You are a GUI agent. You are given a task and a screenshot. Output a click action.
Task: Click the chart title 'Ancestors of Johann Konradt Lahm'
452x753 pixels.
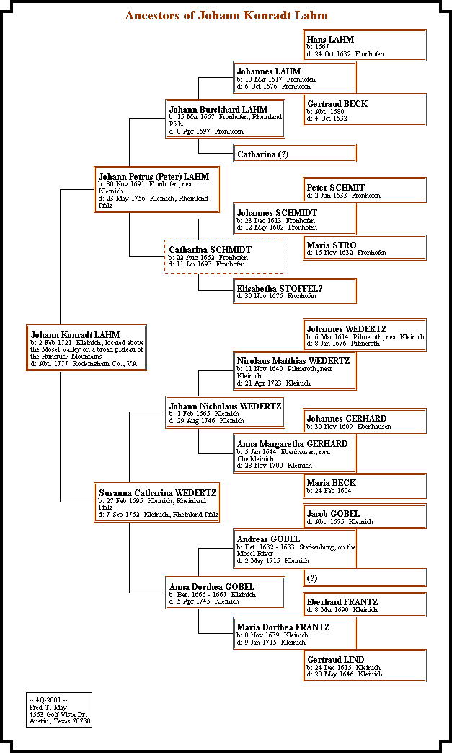coord(226,15)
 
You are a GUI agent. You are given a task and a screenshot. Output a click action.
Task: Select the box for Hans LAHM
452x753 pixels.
coord(365,45)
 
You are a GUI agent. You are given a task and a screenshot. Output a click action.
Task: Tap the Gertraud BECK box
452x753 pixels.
coord(365,110)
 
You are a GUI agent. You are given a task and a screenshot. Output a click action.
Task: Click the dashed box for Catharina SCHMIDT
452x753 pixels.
coord(224,256)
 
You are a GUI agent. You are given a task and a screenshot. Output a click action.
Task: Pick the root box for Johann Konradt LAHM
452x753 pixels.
coord(87,347)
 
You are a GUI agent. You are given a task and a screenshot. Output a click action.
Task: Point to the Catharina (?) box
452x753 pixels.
coord(296,154)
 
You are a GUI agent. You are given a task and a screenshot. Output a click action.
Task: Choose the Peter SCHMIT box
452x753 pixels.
coord(365,191)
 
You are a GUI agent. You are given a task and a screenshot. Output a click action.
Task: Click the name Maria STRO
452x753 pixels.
coord(332,245)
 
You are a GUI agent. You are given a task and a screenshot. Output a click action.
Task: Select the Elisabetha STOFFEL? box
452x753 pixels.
coord(296,291)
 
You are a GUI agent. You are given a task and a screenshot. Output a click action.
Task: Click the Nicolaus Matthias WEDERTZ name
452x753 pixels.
coord(293,361)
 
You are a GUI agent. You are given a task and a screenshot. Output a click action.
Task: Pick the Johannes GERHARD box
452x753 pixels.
coord(365,422)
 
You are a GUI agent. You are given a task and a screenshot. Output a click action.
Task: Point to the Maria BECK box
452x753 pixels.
coord(365,486)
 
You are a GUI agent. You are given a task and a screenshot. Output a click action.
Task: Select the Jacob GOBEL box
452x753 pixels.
coord(365,517)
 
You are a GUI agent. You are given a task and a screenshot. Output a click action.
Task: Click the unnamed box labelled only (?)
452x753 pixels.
coord(365,578)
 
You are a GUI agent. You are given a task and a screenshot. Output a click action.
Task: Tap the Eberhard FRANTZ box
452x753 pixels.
coord(365,605)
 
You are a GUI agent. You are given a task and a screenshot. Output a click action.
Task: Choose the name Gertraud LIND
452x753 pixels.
coord(335,660)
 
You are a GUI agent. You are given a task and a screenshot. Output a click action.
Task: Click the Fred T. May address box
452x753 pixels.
coord(60,710)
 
